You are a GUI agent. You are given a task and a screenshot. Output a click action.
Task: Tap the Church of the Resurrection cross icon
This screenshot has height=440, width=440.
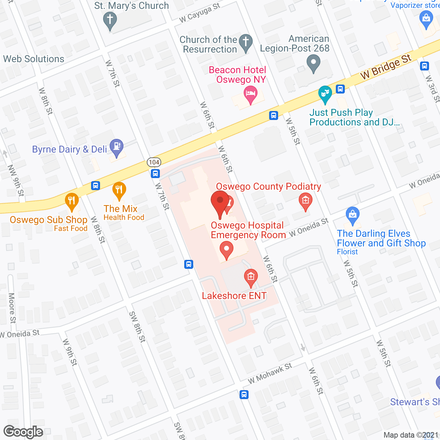(x=246, y=42)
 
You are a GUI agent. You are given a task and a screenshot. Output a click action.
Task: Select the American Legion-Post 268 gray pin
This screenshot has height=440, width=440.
(x=313, y=63)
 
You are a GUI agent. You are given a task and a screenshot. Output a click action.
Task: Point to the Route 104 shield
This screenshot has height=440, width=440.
(x=154, y=162)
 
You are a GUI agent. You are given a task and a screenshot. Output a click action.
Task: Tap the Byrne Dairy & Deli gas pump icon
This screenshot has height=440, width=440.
(x=117, y=146)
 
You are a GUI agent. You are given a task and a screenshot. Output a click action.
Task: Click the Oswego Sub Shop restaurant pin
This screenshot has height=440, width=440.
(x=71, y=201)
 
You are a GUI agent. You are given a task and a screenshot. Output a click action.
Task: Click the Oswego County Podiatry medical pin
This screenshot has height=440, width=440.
(x=305, y=200)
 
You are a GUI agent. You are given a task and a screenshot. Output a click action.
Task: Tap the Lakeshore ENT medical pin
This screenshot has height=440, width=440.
(x=251, y=277)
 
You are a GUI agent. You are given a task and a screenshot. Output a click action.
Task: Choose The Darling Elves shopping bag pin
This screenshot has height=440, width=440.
(x=353, y=214)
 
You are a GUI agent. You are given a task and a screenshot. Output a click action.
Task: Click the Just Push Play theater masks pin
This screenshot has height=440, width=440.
(x=324, y=93)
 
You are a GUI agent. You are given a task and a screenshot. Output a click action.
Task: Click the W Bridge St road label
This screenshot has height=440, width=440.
(x=386, y=67)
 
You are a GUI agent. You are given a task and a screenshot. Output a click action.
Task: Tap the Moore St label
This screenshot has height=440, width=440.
(x=12, y=308)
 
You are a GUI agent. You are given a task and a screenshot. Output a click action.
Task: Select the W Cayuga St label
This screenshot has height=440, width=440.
(x=200, y=13)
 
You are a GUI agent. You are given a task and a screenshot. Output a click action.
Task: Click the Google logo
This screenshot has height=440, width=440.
(x=23, y=432)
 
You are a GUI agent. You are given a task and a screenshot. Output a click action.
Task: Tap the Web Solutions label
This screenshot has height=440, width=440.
(x=34, y=59)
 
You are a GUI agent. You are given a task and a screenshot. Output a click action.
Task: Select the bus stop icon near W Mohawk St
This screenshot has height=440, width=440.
(x=244, y=394)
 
